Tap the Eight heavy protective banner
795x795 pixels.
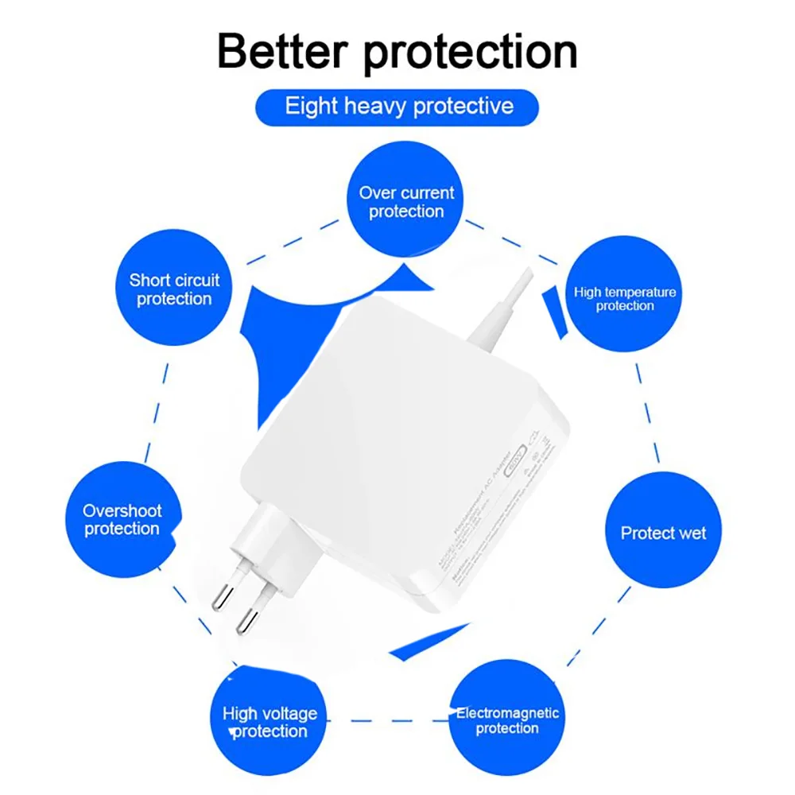(397, 106)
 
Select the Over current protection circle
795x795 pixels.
(406, 202)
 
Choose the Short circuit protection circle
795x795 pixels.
(174, 289)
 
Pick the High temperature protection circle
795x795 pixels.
(625, 297)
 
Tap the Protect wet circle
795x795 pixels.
(663, 533)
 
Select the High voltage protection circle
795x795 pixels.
(269, 722)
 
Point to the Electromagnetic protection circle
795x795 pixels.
(507, 720)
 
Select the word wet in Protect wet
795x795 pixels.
(688, 533)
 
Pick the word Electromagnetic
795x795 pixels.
(507, 712)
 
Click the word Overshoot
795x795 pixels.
(122, 511)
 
